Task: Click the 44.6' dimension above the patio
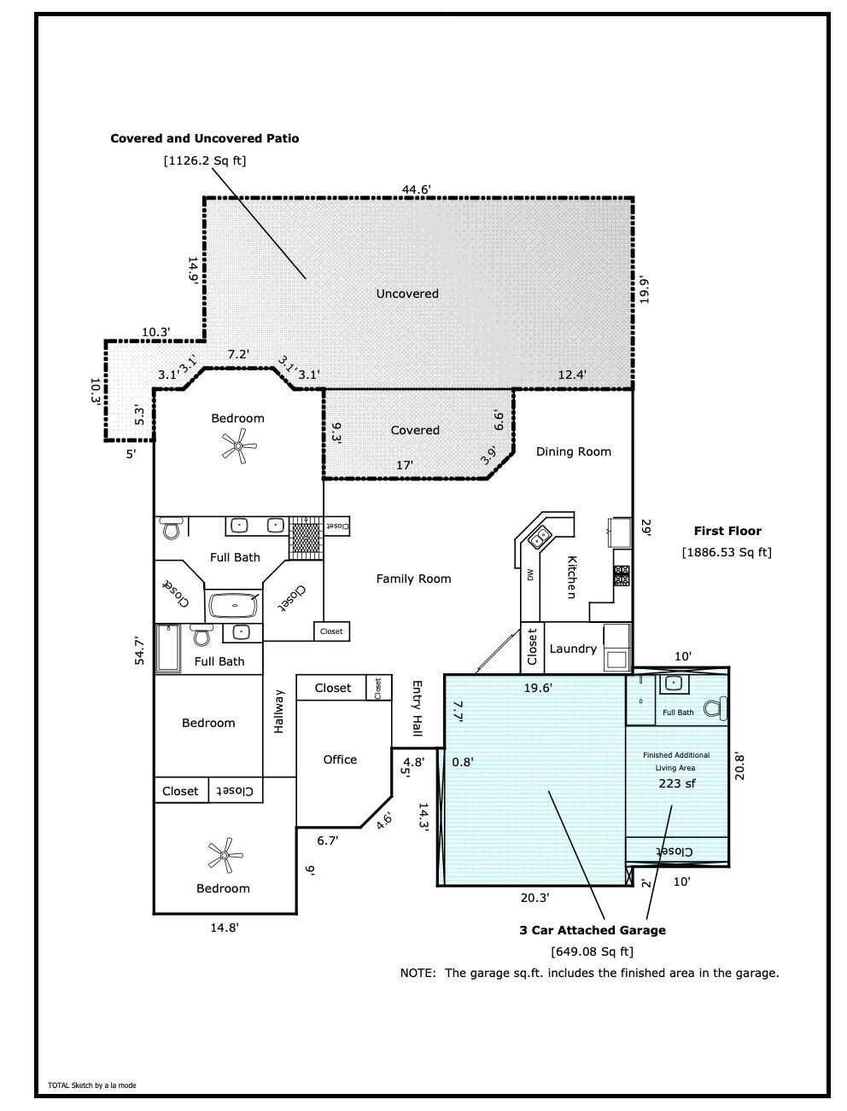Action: coord(416,189)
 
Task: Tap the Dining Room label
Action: coord(573,451)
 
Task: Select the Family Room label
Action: coord(413,579)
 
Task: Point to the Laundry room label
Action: coord(573,649)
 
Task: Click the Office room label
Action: coord(340,759)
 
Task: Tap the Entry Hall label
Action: coord(417,708)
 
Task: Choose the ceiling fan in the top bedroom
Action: coord(238,446)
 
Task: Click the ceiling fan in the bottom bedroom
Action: coord(225,855)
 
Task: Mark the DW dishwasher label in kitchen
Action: coord(530,574)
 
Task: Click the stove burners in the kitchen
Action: coord(622,575)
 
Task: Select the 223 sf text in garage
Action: coord(677,783)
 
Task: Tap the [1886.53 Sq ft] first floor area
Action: coord(727,552)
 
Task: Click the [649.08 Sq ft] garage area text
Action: coord(592,951)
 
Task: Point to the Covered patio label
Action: coord(415,430)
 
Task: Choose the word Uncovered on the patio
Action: coord(407,294)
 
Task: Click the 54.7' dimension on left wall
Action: coord(139,651)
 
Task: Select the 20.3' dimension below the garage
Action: coord(534,898)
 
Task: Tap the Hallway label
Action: coord(279,711)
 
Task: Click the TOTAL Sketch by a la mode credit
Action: coord(91,1085)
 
